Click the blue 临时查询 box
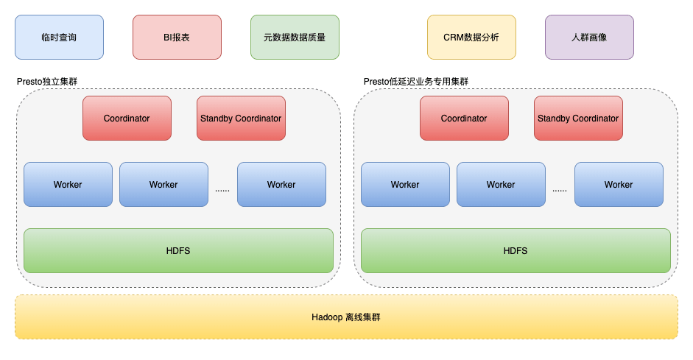[59, 37]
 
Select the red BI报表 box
[177, 37]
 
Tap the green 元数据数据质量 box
[295, 37]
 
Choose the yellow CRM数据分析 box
[471, 37]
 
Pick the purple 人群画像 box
[589, 37]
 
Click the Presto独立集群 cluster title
[47, 82]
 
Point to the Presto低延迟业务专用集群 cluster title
[416, 82]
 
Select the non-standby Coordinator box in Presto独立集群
[127, 119]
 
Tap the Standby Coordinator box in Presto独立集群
[241, 119]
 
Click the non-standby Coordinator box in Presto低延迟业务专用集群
[464, 119]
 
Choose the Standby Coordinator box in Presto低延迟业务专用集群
[578, 119]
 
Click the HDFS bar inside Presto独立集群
[178, 250]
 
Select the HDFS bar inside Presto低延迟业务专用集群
[516, 250]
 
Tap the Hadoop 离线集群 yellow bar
[346, 317]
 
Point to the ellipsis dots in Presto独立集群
[222, 191]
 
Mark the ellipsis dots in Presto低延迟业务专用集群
[560, 191]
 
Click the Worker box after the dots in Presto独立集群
[281, 184]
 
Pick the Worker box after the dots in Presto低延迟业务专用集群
[619, 184]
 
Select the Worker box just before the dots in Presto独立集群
[163, 184]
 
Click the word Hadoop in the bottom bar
[327, 317]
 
